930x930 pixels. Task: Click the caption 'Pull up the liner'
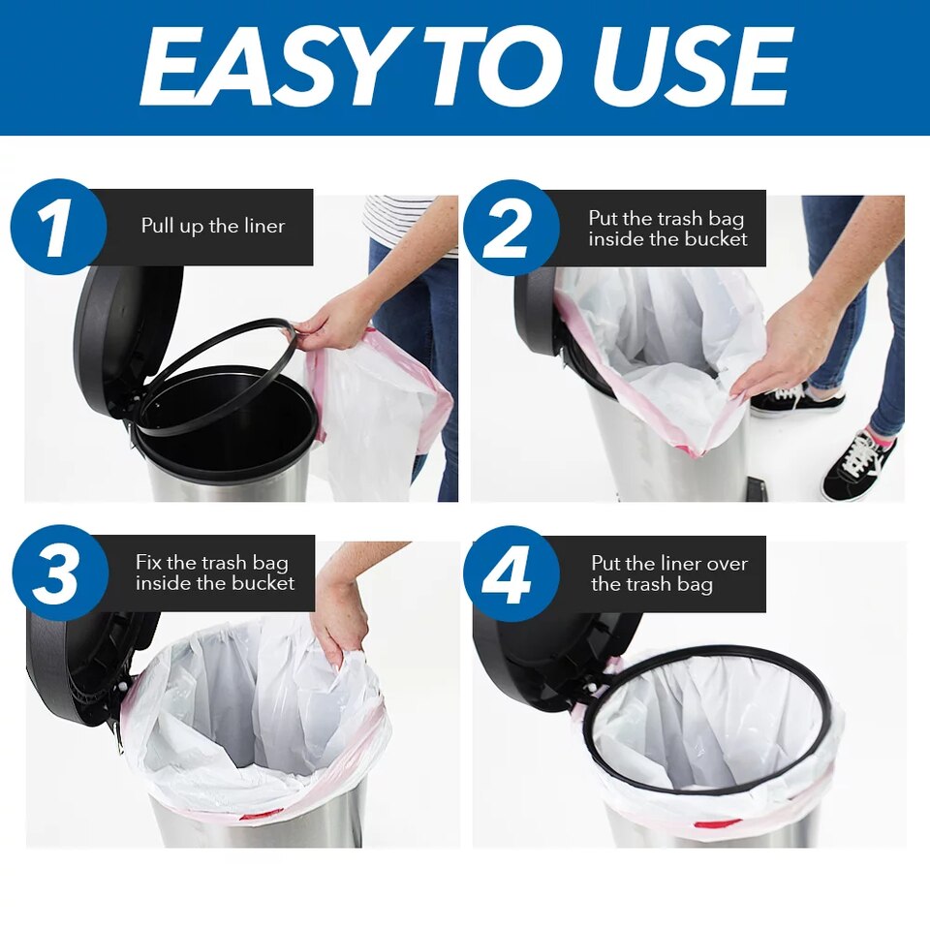[x=213, y=227]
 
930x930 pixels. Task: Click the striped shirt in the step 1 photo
[x=402, y=218]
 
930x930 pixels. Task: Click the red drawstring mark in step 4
[x=718, y=823]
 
